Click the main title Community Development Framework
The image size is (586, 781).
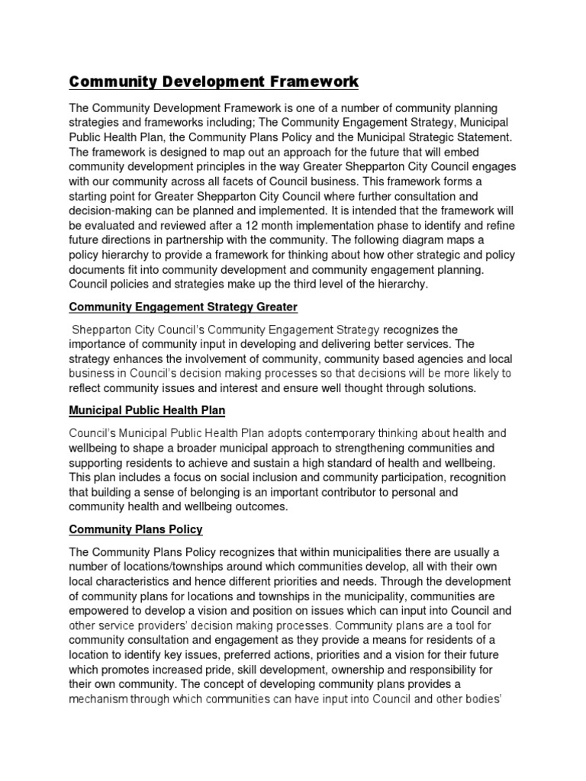[x=213, y=81]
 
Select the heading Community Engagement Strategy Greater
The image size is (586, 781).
[x=182, y=307]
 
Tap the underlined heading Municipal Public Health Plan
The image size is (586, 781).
[x=146, y=410]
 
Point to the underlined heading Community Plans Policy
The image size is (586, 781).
[x=136, y=529]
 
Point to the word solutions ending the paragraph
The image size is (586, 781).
[x=448, y=387]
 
